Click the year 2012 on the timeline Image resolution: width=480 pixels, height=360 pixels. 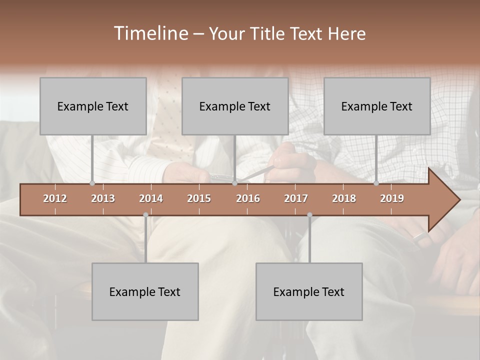(55, 198)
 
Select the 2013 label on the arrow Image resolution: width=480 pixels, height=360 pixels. (103, 198)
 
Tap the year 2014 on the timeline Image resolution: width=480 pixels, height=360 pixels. (151, 198)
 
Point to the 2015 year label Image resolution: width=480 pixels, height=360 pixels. (199, 198)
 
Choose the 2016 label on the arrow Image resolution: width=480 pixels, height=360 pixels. (248, 198)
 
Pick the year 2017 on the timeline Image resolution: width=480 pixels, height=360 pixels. (296, 198)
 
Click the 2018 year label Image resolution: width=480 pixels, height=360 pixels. (344, 198)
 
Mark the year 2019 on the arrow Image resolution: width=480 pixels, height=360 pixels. (392, 198)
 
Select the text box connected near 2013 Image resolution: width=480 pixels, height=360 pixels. (93, 106)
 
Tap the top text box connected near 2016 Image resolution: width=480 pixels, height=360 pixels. (235, 106)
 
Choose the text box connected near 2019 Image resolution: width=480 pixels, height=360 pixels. (377, 106)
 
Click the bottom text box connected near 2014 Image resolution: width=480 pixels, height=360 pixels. (145, 291)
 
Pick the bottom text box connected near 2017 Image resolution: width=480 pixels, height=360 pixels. (309, 291)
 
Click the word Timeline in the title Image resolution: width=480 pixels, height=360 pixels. (150, 33)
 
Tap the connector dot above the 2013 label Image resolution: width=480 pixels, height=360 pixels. (92, 183)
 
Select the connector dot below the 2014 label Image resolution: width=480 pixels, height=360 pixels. (145, 215)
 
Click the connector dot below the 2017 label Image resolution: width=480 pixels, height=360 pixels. (309, 215)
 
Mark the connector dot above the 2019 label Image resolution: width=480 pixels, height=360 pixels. (376, 183)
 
